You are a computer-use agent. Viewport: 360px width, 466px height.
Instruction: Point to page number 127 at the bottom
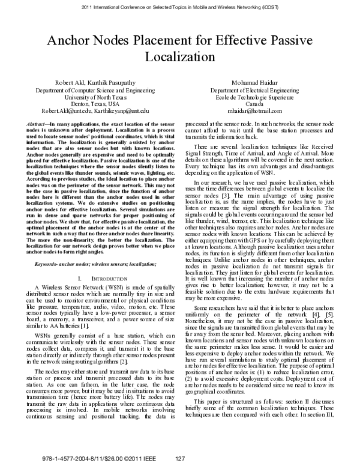(179, 459)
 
